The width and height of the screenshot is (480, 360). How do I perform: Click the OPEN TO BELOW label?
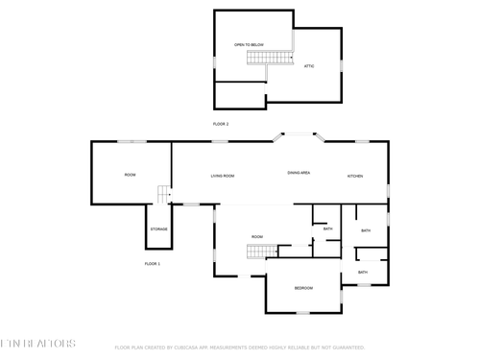click(x=249, y=45)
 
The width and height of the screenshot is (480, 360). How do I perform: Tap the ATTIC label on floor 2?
click(x=309, y=66)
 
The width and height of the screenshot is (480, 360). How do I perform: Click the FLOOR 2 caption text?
click(x=221, y=124)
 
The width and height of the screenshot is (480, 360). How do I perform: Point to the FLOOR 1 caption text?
click(x=153, y=263)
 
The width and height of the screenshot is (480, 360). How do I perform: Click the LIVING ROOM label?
click(x=223, y=176)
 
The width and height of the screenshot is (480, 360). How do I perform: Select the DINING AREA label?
click(x=299, y=173)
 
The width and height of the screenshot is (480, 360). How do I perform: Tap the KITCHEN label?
click(x=354, y=176)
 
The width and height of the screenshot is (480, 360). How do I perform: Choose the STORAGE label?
click(x=158, y=229)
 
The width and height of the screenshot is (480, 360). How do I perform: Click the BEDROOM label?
click(x=302, y=288)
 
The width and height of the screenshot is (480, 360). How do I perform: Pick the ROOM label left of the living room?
click(x=130, y=175)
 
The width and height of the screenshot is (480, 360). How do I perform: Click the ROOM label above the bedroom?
click(x=257, y=236)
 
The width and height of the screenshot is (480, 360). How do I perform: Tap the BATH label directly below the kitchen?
click(x=366, y=231)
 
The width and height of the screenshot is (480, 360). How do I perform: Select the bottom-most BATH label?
click(x=363, y=273)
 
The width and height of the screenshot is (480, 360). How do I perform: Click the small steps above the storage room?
click(x=164, y=196)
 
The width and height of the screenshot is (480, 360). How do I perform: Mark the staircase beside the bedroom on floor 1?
click(x=262, y=252)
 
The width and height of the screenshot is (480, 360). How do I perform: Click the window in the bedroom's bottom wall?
click(x=302, y=313)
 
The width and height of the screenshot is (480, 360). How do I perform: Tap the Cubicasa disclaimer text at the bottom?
click(x=240, y=348)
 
